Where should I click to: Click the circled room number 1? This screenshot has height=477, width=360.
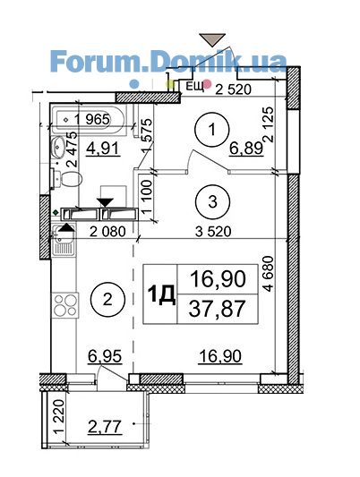212,130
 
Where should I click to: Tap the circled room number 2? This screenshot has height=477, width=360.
107,300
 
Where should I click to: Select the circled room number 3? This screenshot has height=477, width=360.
213,201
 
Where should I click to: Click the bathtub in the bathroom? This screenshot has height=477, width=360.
88,119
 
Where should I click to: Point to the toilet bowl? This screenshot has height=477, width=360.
67,179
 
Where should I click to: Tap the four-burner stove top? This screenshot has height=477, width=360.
65,305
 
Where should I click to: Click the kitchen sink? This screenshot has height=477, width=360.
63,241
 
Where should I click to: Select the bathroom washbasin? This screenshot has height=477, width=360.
57,147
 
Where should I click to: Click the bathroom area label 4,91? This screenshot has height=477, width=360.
104,149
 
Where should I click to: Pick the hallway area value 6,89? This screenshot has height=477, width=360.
246,149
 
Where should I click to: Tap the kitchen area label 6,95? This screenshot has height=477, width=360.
105,356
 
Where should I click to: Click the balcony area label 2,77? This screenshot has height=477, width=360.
105,426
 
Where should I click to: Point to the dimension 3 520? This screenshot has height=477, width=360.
213,232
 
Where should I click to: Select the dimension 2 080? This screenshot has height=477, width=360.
107,232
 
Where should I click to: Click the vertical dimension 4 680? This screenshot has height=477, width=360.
269,274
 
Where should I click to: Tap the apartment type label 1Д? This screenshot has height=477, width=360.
161,294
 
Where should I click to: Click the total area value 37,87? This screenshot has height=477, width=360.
217,308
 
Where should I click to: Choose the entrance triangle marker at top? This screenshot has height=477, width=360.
212,40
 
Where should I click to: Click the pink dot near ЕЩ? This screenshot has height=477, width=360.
208,83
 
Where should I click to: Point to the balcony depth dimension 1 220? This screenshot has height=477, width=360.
59,416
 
